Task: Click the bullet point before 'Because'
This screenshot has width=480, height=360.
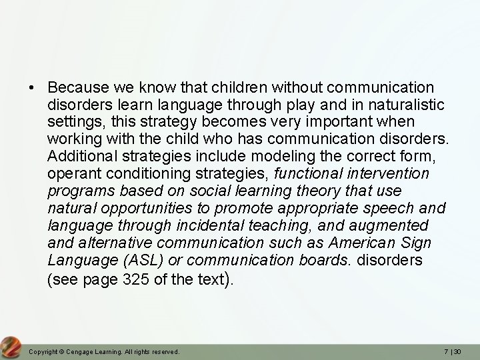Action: [x=31, y=88]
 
